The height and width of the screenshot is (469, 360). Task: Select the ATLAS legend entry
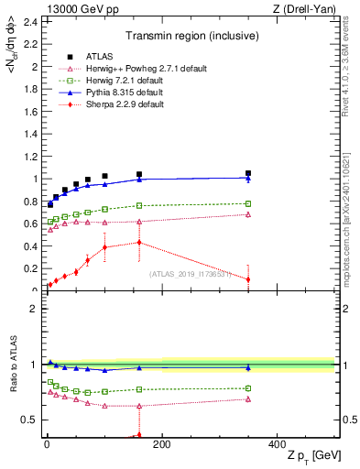pyautogui.click(x=93, y=57)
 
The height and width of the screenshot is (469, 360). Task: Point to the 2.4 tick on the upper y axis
pyautogui.click(x=31, y=21)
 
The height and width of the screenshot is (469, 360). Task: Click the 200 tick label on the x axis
pyautogui.click(x=162, y=444)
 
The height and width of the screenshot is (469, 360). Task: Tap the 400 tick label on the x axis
pyautogui.click(x=277, y=444)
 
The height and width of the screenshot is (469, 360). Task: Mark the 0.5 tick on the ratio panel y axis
pyautogui.click(x=31, y=420)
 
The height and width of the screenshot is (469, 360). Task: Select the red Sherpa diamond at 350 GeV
pyautogui.click(x=247, y=279)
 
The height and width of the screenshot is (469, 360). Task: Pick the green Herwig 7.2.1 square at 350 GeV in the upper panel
pyautogui.click(x=247, y=203)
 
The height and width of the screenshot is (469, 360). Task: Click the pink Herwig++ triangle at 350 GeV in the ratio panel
pyautogui.click(x=247, y=398)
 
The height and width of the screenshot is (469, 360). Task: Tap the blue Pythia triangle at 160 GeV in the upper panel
pyautogui.click(x=139, y=180)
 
